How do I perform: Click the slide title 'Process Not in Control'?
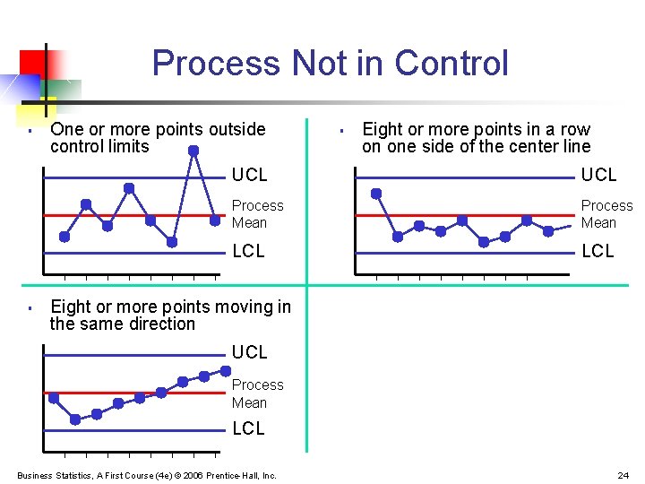pos(330,64)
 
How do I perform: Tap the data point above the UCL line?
pos(193,151)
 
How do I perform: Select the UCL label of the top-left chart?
pos(249,175)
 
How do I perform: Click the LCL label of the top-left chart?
pos(248,252)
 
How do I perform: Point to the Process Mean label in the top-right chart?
pos(606,214)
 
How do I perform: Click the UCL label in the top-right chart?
pos(598,175)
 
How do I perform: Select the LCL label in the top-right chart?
pos(598,252)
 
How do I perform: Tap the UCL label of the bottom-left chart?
pos(249,352)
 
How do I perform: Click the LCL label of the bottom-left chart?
pos(248,429)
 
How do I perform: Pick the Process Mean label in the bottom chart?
pos(257,393)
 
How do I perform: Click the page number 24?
pos(623,475)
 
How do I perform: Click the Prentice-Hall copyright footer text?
pos(147,475)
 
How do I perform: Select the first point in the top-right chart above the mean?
pos(376,193)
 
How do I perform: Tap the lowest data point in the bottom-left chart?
pos(75,419)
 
